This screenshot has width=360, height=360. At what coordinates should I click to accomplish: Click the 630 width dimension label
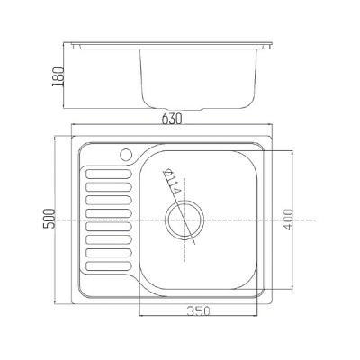pyautogui.click(x=172, y=120)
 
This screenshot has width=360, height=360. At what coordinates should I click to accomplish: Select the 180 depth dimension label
pyautogui.click(x=58, y=76)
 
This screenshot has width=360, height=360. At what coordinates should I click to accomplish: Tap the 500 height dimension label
pyautogui.click(x=49, y=219)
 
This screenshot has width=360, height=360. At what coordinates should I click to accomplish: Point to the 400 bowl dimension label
pyautogui.click(x=287, y=220)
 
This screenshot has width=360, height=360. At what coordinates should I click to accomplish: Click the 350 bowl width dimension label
pyautogui.click(x=198, y=311)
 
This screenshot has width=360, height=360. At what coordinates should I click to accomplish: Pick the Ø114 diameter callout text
pyautogui.click(x=172, y=183)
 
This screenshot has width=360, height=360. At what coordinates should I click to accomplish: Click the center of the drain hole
pyautogui.click(x=184, y=220)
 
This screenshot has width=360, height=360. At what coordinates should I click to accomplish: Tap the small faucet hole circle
pyautogui.click(x=126, y=154)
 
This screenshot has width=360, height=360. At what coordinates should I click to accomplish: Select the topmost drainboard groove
pyautogui.click(x=109, y=174)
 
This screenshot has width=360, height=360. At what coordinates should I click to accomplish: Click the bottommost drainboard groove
pyautogui.click(x=109, y=265)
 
